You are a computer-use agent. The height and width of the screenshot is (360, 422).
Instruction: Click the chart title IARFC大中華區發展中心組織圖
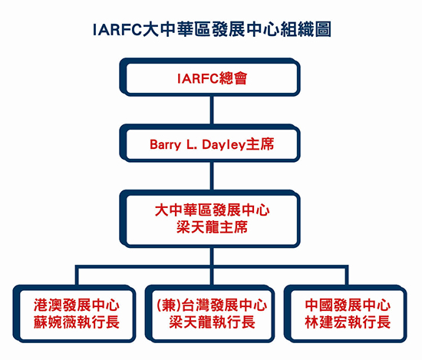coord(212,29)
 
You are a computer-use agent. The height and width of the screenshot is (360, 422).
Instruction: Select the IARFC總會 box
coord(209,77)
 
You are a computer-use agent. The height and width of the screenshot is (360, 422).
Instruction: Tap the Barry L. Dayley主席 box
coord(209,143)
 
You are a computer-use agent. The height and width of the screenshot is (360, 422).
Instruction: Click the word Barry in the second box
coord(165,145)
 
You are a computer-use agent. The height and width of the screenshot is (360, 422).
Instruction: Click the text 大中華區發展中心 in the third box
coord(212,210)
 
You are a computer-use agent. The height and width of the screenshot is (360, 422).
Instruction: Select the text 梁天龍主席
coord(212,227)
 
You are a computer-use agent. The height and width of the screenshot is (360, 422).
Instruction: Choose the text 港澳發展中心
coord(77,306)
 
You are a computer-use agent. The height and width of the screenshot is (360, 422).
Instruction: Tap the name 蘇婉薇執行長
coord(77,322)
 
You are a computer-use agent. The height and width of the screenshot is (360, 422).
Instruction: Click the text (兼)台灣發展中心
coord(212,306)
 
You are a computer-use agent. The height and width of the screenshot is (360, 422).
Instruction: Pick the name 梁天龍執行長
coord(212,322)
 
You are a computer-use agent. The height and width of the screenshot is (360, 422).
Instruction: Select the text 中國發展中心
coord(348,306)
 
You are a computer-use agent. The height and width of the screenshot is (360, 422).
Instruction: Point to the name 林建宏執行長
coord(348,322)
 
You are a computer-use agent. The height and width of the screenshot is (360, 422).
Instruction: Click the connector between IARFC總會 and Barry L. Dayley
coord(212,110)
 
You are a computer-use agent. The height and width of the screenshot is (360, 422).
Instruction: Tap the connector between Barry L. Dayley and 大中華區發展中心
coord(212,176)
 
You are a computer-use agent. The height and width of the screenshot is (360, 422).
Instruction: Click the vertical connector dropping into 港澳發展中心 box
coord(77,276)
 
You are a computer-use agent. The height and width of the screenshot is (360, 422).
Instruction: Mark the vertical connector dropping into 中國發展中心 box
coord(347,276)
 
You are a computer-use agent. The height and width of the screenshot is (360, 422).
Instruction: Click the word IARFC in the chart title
coord(117,30)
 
